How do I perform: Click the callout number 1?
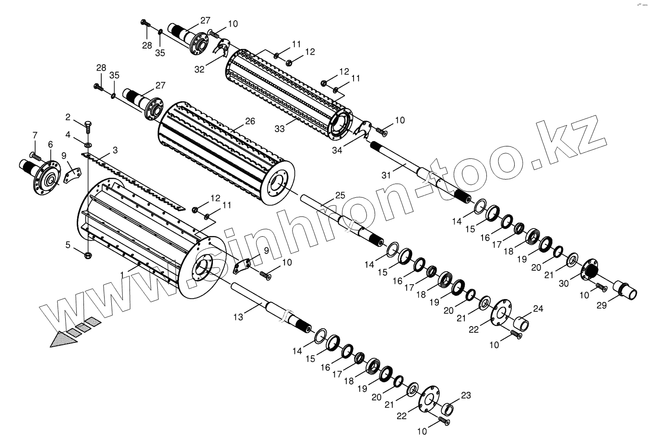point(123,274)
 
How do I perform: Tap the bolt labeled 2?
point(88,127)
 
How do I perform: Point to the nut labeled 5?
point(88,254)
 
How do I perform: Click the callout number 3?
point(115,150)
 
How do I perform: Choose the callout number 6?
point(50,145)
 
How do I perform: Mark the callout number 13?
point(238,317)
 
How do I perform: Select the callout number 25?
point(340,195)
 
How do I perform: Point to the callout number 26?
point(250,121)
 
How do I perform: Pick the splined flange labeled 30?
point(589,269)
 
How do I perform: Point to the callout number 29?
point(602,304)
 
